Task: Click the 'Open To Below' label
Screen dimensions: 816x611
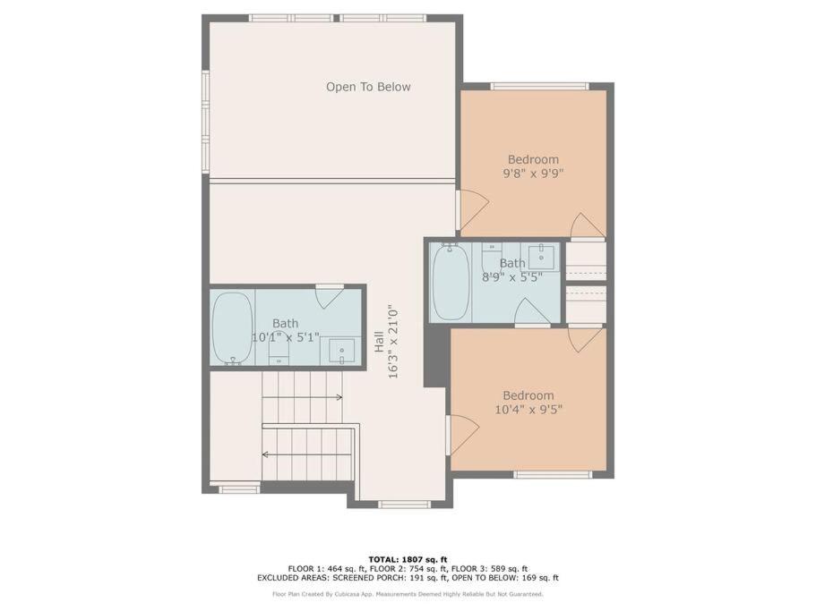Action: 368,87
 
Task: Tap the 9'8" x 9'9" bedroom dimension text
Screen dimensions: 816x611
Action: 534,173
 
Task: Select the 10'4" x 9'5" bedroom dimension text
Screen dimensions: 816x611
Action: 528,410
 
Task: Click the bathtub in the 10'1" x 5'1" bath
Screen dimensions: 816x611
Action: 232,327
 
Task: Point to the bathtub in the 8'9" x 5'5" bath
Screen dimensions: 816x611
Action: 451,282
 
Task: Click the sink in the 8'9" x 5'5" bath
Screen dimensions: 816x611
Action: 541,256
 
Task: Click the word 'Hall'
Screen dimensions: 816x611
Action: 380,342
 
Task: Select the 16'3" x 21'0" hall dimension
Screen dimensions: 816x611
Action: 393,342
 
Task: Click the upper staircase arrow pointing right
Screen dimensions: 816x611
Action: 302,397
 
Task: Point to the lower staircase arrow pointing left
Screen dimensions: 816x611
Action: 308,454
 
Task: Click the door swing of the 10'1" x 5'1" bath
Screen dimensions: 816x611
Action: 330,297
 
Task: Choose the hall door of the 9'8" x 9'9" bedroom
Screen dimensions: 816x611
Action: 473,210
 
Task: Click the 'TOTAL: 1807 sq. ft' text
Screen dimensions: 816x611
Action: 408,560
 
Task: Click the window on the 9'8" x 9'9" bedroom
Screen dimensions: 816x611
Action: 539,86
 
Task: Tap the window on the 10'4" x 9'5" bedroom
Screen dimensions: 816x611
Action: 553,474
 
